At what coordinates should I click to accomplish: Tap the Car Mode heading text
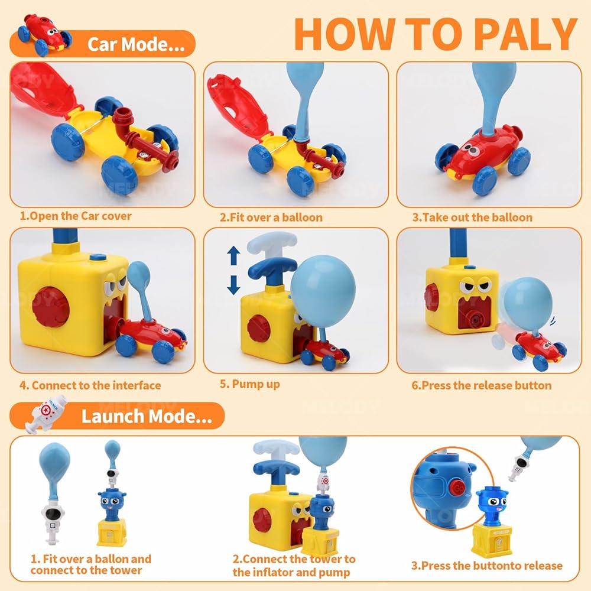point(136,44)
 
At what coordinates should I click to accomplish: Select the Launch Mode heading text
point(147,417)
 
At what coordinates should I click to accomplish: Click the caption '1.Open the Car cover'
point(76,216)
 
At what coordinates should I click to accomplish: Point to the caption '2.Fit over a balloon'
point(271,217)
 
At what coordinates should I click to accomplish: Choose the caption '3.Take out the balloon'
point(472,217)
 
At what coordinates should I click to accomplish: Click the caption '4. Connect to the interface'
point(90,385)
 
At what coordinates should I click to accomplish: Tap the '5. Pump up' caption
point(250,384)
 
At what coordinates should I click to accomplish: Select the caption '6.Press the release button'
point(481,385)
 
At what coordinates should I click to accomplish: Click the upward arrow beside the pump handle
point(233,255)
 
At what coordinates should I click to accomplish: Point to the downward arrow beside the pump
point(233,285)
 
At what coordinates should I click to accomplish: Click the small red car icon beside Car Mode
point(44,35)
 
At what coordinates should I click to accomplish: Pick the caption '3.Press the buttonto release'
point(486,566)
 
